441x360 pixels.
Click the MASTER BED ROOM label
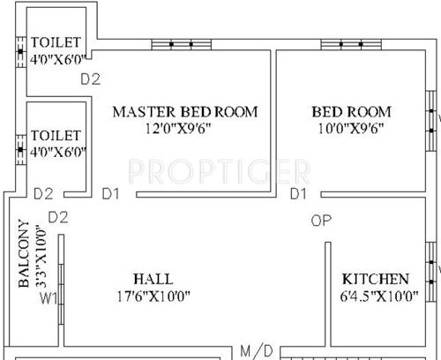click(x=184, y=112)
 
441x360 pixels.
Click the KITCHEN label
click(x=375, y=278)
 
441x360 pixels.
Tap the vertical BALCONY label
click(x=24, y=253)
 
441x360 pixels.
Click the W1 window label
click(x=49, y=297)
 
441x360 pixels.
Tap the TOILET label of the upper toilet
click(x=56, y=42)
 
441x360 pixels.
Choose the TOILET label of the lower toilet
click(x=56, y=136)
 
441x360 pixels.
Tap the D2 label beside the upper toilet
click(x=91, y=79)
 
